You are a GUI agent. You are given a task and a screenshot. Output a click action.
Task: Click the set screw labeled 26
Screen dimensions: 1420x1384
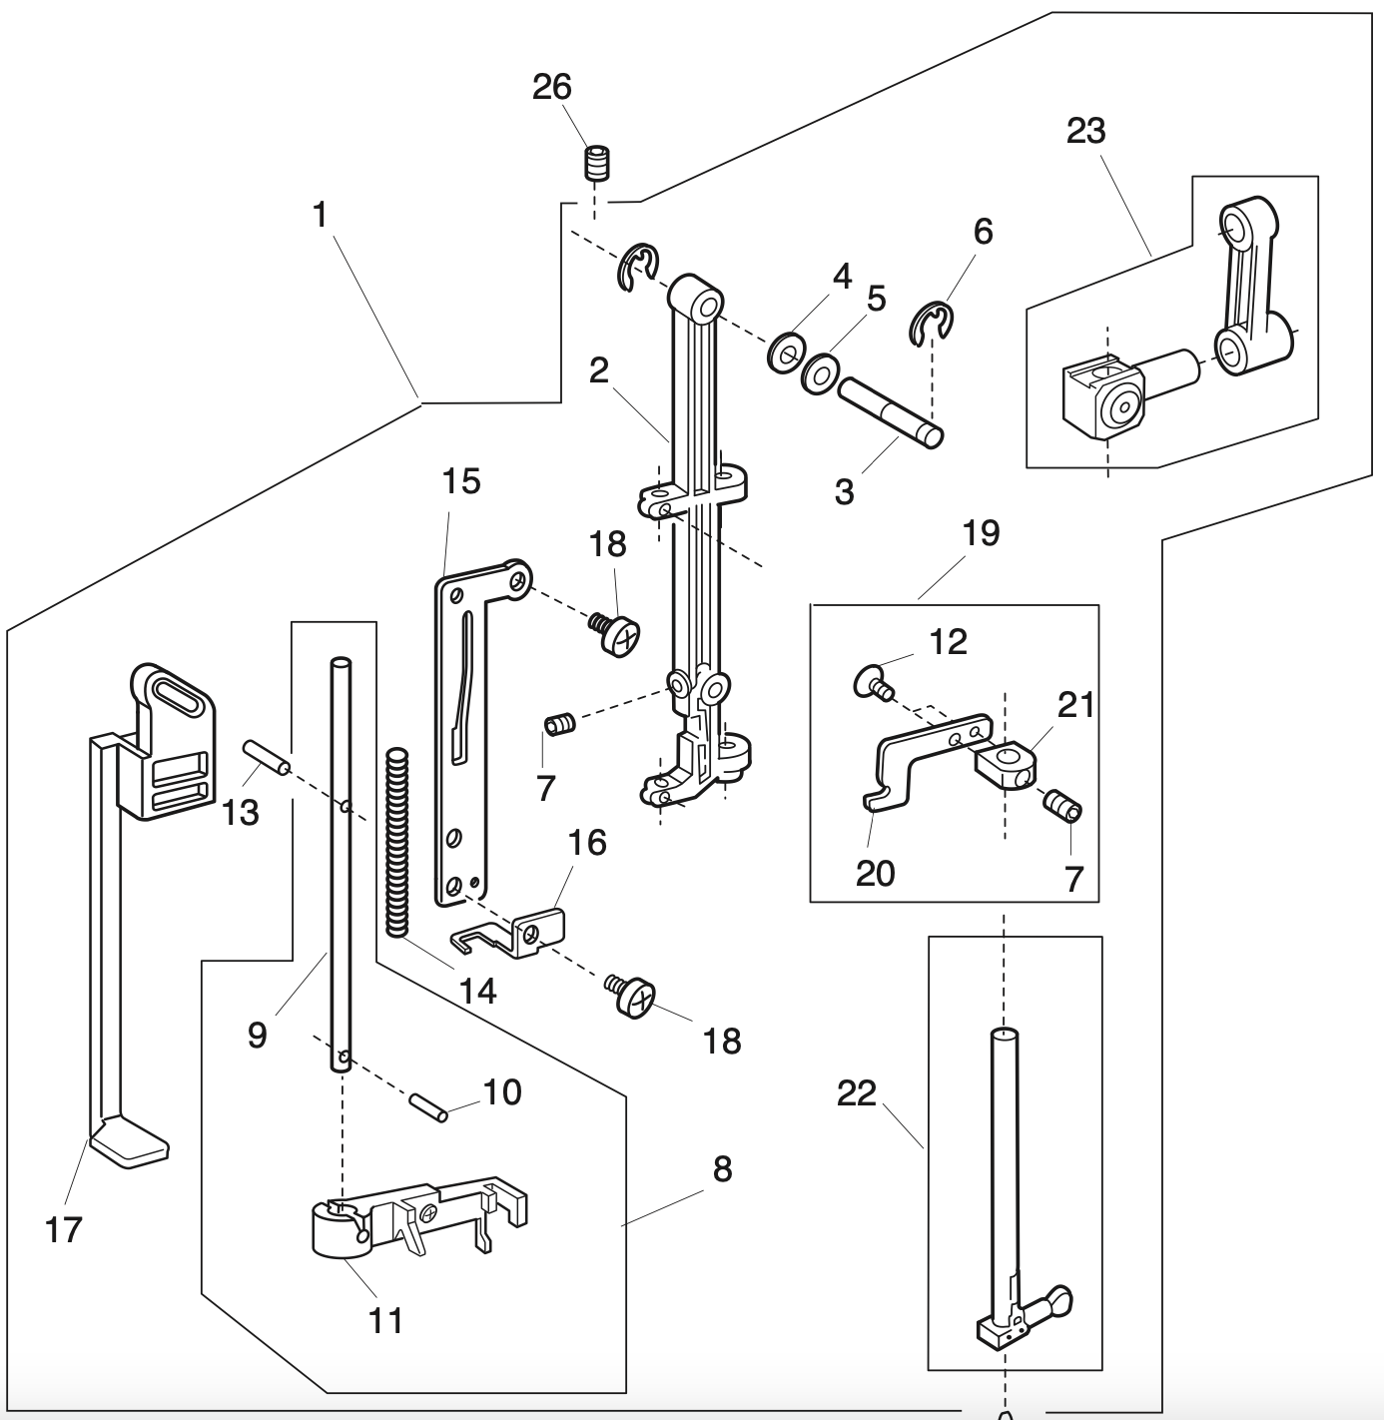click(597, 163)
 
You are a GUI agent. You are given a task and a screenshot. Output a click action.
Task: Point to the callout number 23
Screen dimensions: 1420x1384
click(1086, 131)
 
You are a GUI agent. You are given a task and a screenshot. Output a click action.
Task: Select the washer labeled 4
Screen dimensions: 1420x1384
click(787, 353)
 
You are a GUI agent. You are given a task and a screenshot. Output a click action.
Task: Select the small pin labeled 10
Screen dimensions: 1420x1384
click(426, 1106)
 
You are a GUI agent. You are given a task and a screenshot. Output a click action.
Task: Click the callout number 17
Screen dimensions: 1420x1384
click(63, 1230)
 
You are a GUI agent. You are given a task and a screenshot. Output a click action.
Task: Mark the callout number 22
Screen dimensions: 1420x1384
click(857, 1094)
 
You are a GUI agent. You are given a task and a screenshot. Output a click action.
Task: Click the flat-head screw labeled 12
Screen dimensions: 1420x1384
click(872, 684)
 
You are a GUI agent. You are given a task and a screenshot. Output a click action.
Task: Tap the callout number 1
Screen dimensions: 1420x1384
click(320, 214)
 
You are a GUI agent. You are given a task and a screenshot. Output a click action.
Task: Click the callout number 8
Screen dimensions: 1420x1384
click(722, 1168)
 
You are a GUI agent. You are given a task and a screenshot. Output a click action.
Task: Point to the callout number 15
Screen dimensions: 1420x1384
click(461, 481)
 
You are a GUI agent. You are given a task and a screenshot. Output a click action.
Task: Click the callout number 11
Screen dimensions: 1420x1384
click(386, 1320)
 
